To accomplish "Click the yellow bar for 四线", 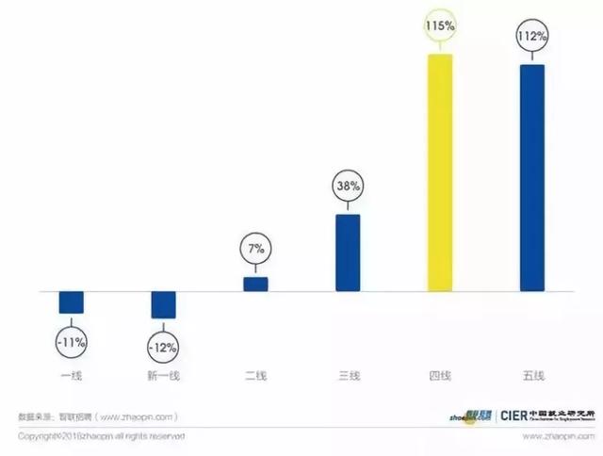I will click(x=440, y=172).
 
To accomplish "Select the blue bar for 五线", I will click(x=532, y=178).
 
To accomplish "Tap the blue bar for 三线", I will click(x=348, y=252).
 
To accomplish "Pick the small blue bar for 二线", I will click(x=255, y=284).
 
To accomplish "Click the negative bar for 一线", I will click(x=72, y=301).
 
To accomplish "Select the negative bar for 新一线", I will click(x=164, y=304).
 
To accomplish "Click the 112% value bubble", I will click(x=532, y=38).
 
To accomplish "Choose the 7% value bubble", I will click(x=255, y=250).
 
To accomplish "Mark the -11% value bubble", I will click(x=72, y=340).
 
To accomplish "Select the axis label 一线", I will click(x=72, y=377).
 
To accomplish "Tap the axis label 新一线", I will click(x=164, y=377).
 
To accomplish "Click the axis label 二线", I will click(x=255, y=377).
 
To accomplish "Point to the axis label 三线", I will click(x=348, y=377).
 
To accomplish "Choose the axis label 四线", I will click(x=440, y=377).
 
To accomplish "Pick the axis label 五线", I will click(x=532, y=377).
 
